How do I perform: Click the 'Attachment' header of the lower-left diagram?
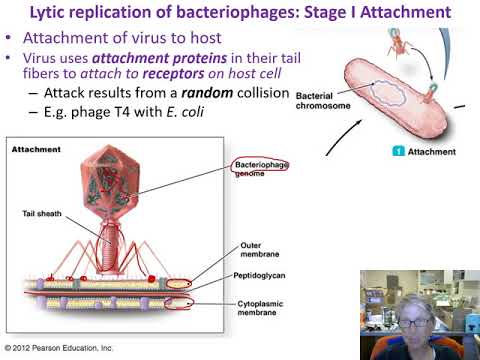tap(36, 149)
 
